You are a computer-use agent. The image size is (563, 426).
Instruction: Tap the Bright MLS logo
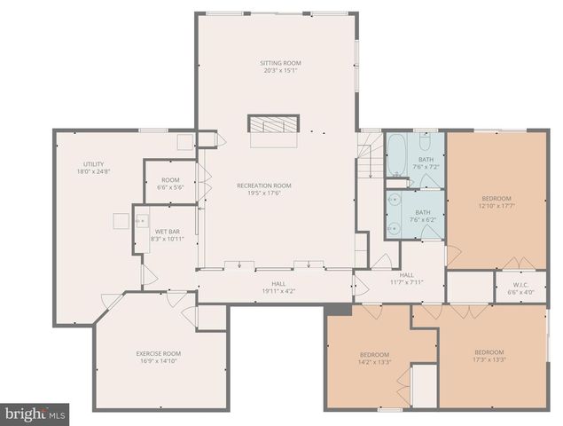(x=35, y=414)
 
